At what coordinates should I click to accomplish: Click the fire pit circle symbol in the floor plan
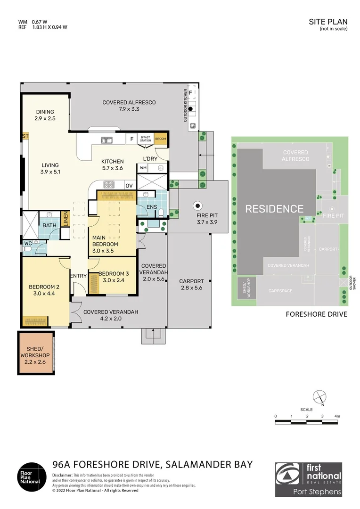tap(198, 205)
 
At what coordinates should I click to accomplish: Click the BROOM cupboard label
tap(160, 139)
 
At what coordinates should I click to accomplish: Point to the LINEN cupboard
tap(66, 219)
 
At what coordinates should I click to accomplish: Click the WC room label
tap(27, 244)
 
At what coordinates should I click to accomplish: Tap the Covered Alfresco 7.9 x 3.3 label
tap(129, 106)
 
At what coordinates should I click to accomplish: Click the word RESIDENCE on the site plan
tap(274, 209)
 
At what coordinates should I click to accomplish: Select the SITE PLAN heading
tap(328, 22)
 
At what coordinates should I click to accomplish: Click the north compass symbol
tap(319, 397)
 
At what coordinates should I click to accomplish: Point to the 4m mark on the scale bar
tap(337, 416)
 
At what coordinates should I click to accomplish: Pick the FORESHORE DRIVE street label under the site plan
tap(316, 314)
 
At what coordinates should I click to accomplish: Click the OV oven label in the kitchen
tap(129, 186)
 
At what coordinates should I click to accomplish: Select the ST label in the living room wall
tap(25, 136)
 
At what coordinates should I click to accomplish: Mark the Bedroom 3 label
tap(114, 277)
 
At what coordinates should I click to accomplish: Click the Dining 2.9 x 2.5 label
tap(45, 115)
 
